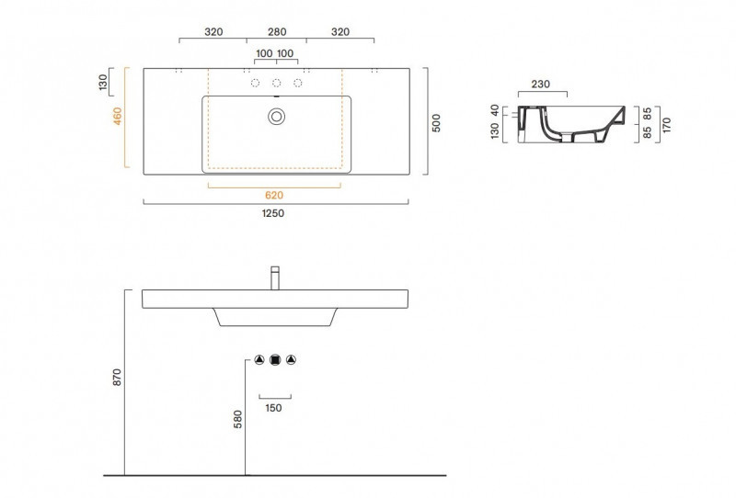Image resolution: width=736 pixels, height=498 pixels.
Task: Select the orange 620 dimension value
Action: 275,195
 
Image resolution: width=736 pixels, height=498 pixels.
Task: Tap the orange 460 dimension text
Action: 117,118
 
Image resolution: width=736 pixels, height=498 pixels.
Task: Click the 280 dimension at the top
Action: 276,31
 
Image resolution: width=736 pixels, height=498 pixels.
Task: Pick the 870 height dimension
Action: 117,377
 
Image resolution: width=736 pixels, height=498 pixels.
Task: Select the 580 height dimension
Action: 238,418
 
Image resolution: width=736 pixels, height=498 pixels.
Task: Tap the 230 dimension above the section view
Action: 541,85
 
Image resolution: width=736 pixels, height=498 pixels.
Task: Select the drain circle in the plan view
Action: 276,116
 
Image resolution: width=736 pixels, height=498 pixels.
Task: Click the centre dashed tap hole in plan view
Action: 276,84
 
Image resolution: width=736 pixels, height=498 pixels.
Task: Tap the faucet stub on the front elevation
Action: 275,277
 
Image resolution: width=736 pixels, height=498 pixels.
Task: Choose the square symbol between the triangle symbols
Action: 275,359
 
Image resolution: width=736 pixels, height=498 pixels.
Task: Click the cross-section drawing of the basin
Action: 570,125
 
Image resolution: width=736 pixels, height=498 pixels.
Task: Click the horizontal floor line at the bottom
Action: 275,476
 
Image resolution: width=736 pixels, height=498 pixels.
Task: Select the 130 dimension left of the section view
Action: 496,134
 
